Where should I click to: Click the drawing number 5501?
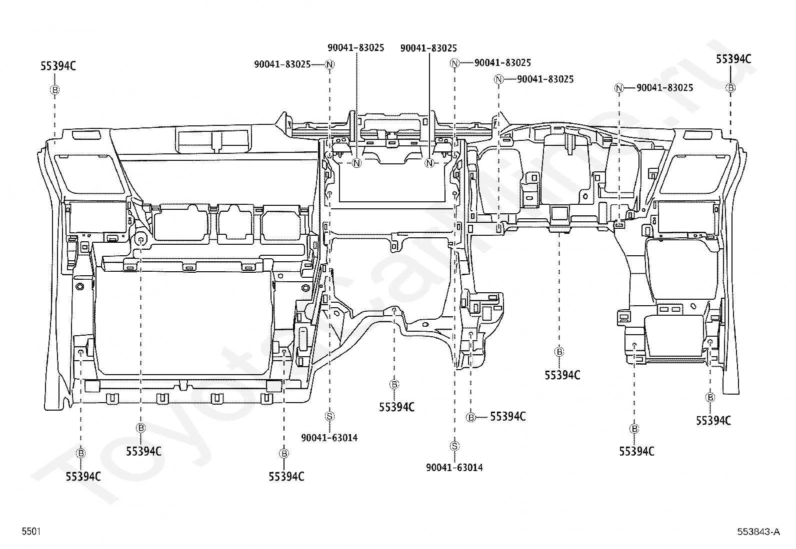[x=31, y=531]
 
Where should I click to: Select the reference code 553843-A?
[x=758, y=532]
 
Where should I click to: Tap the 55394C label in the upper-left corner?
[x=58, y=66]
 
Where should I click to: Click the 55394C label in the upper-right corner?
[x=733, y=59]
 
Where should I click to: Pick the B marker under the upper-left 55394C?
[x=54, y=90]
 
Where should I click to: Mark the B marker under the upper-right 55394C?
[x=730, y=87]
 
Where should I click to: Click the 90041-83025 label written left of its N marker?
[x=282, y=64]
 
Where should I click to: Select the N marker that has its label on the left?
[x=330, y=64]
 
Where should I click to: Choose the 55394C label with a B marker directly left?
[x=508, y=417]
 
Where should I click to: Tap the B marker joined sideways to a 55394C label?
[x=471, y=418]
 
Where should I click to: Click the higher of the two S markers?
[x=329, y=416]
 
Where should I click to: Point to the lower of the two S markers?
[x=455, y=446]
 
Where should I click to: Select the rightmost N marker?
[x=619, y=88]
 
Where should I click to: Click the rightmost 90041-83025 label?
[x=664, y=88]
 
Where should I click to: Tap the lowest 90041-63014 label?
[x=454, y=468]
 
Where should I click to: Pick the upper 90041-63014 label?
[x=329, y=438]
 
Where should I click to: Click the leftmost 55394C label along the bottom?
[x=83, y=476]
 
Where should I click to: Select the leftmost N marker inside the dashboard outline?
[x=356, y=163]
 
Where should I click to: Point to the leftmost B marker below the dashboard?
[x=80, y=453]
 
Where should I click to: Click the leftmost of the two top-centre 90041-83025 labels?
[x=355, y=47]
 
